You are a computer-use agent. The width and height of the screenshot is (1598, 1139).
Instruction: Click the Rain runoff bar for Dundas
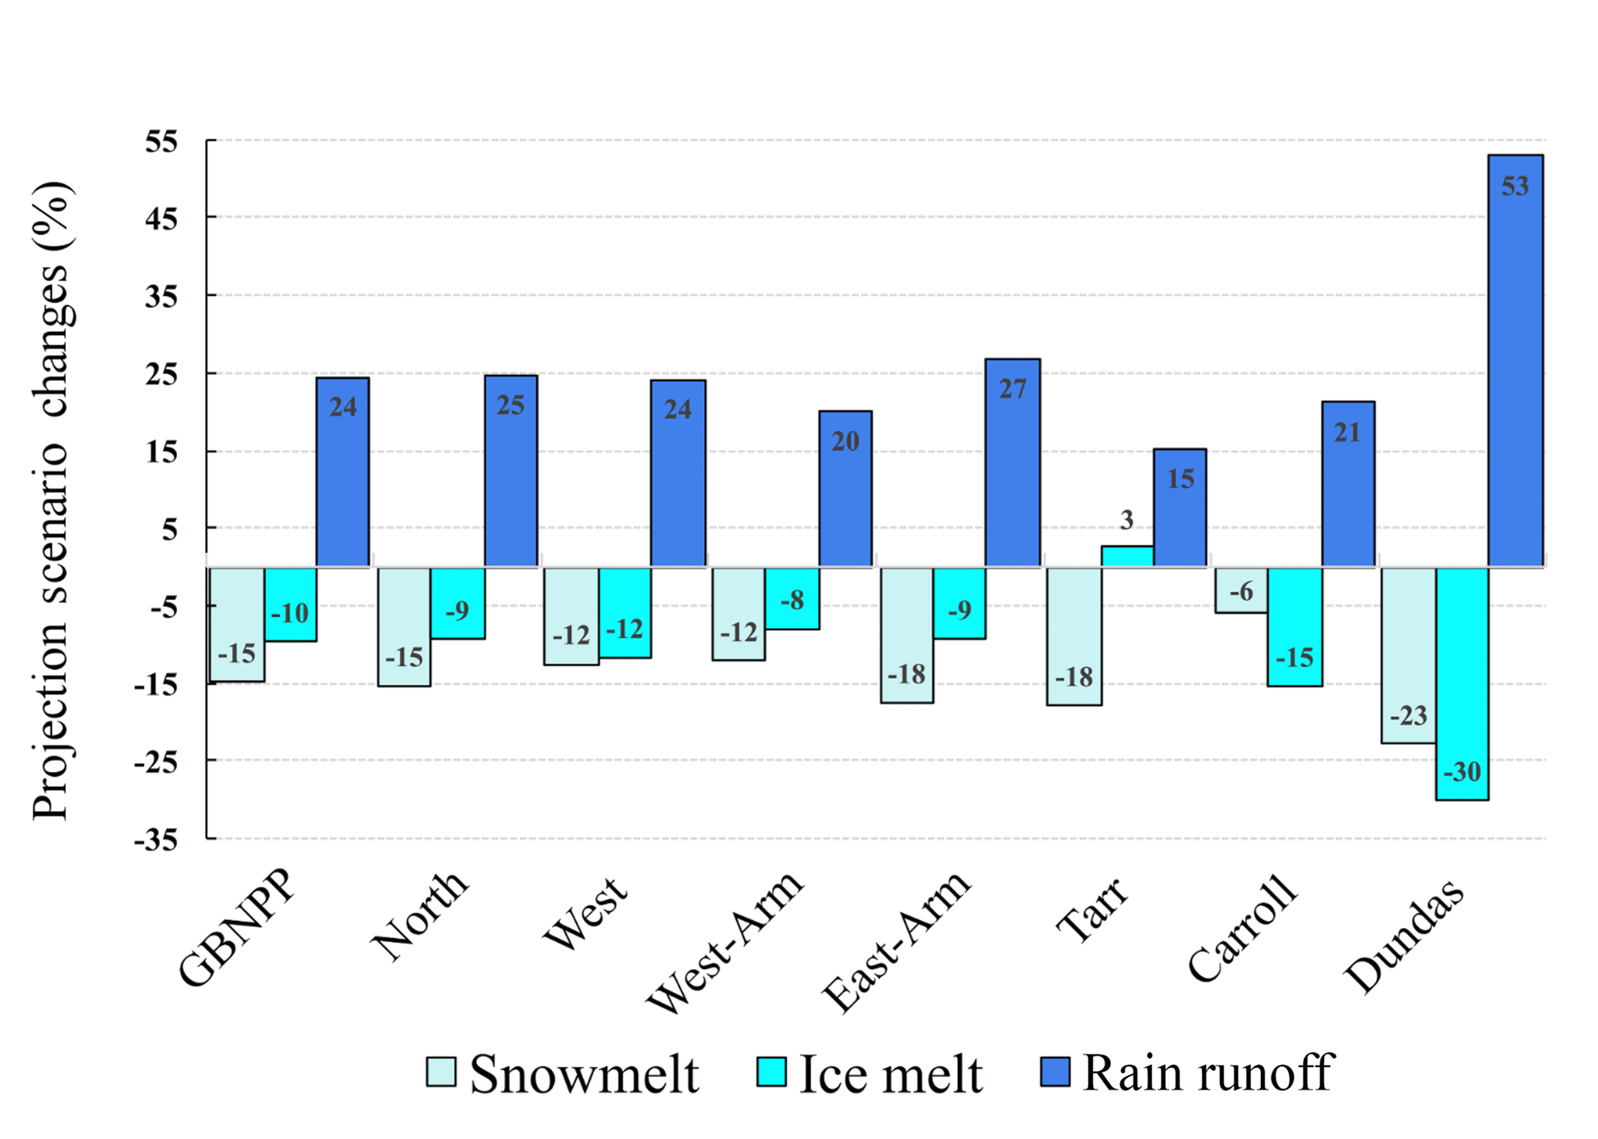tap(1515, 360)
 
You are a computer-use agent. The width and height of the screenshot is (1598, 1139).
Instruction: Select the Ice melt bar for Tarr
tap(1126, 556)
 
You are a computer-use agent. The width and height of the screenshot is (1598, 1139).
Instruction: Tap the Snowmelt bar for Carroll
tap(1241, 590)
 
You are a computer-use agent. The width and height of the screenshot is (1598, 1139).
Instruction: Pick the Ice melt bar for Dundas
tap(1462, 684)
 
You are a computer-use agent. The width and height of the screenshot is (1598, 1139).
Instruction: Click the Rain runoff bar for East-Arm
tap(1012, 462)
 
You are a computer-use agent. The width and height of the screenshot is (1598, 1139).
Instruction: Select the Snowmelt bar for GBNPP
tap(237, 624)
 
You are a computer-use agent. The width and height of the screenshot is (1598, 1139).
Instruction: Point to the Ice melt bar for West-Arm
tap(792, 598)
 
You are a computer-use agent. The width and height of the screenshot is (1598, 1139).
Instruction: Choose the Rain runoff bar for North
tap(510, 470)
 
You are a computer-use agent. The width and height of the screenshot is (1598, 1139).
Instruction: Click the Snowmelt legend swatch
tap(441, 1072)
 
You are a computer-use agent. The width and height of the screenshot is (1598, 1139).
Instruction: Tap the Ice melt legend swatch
tap(771, 1072)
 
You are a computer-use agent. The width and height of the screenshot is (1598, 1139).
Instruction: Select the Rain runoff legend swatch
tap(1055, 1072)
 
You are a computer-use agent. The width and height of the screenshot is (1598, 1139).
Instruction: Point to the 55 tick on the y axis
tap(162, 142)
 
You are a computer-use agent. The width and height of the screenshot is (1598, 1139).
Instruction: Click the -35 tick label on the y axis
tap(156, 840)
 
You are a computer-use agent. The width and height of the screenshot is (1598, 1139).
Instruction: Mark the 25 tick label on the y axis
tap(162, 374)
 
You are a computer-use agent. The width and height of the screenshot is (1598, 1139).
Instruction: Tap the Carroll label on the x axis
tap(1242, 929)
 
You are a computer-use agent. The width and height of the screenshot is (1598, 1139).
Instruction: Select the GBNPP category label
tap(237, 929)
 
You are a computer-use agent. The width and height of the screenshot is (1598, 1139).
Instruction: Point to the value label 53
tap(1515, 186)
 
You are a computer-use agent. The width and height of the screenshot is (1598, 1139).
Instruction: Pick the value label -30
tap(1462, 772)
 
